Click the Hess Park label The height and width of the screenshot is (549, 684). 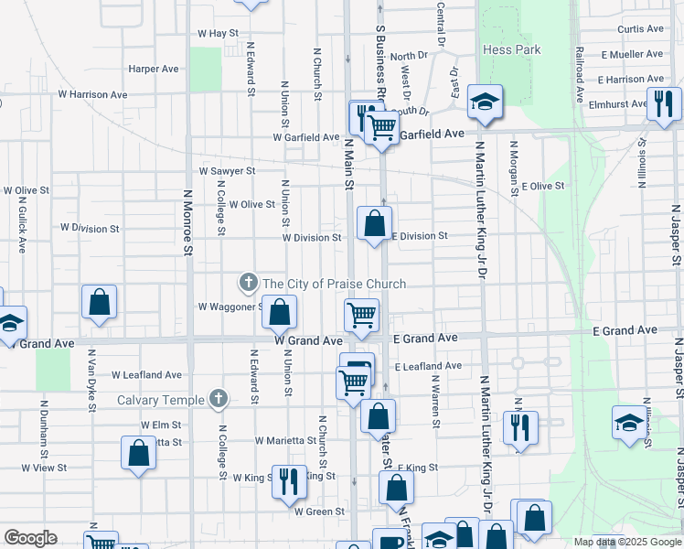pos(512,50)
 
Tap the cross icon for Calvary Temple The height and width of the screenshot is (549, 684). pos(218,399)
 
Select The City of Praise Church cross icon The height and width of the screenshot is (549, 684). pos(247,284)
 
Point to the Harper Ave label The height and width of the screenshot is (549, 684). pos(154,69)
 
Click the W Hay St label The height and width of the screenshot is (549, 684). pos(218,33)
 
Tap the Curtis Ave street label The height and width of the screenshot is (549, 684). pos(640,29)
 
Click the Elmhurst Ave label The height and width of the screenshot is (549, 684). pos(613,104)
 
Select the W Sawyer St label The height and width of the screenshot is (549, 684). pos(227,171)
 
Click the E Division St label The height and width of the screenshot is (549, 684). pos(420,236)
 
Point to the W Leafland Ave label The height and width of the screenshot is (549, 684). pos(147,375)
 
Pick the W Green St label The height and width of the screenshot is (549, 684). pos(319,511)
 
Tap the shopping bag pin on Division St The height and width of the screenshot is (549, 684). pos(375,223)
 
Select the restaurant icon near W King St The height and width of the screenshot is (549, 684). pos(289,480)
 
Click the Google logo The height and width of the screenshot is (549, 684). pos(30,538)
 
